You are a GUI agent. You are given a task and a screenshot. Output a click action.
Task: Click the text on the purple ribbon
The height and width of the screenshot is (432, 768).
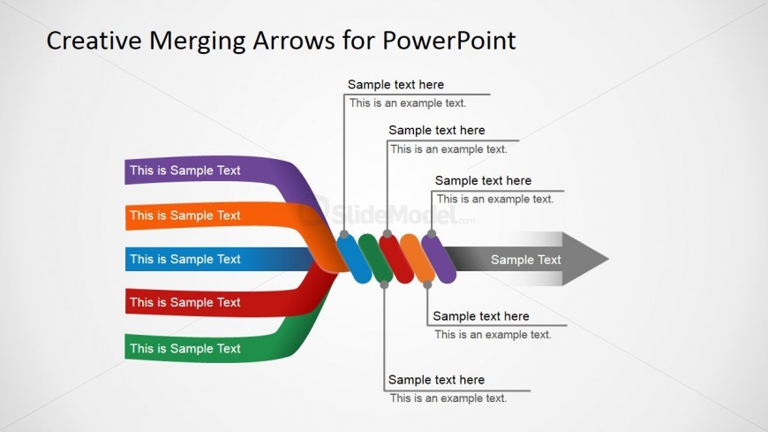point(184,171)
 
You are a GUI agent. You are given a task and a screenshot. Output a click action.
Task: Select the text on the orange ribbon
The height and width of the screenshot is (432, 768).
point(184,215)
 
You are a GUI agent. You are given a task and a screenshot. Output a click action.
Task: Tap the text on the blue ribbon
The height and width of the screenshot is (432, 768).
point(184,259)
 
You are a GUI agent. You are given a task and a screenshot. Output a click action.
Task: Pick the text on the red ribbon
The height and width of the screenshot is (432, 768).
point(184,302)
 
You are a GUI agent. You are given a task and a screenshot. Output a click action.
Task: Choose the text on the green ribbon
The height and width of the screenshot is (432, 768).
point(184,348)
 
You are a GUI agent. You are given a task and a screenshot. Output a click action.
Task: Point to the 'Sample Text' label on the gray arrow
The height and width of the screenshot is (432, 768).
point(525,260)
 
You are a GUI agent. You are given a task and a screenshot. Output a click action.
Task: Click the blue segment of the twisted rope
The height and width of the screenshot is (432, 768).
point(356,258)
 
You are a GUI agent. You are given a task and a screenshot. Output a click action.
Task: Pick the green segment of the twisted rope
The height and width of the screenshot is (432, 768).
point(375,259)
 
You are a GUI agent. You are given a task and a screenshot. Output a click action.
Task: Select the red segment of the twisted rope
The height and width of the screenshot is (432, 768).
point(396,259)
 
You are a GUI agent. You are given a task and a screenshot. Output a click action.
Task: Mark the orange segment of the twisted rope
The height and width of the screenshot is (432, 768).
point(417,259)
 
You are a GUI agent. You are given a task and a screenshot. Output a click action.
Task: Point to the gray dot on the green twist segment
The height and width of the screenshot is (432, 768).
point(384,284)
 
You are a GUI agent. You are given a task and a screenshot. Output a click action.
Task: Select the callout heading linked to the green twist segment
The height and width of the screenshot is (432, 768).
point(436,380)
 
